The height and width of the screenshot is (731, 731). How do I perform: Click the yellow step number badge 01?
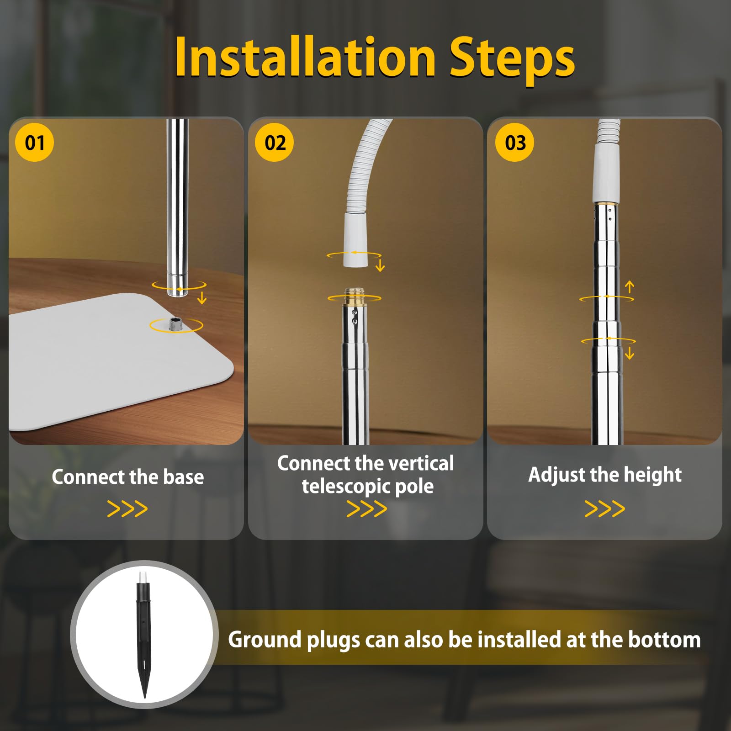35,142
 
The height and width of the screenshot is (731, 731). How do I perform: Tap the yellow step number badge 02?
275,142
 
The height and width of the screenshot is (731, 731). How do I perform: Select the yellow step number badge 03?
514,142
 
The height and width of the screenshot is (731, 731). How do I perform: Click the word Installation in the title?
305,58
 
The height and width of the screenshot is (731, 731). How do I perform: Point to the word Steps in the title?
512,60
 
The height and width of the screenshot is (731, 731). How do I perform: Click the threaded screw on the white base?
175,325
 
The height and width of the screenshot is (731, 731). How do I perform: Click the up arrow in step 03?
630,287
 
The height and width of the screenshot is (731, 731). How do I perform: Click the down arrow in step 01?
202,298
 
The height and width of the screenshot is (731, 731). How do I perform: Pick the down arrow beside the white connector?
380,265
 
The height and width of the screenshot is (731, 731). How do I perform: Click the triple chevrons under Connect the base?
127,509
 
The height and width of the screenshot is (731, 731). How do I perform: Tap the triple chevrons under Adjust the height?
605,509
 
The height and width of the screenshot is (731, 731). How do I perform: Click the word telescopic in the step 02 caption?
346,487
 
